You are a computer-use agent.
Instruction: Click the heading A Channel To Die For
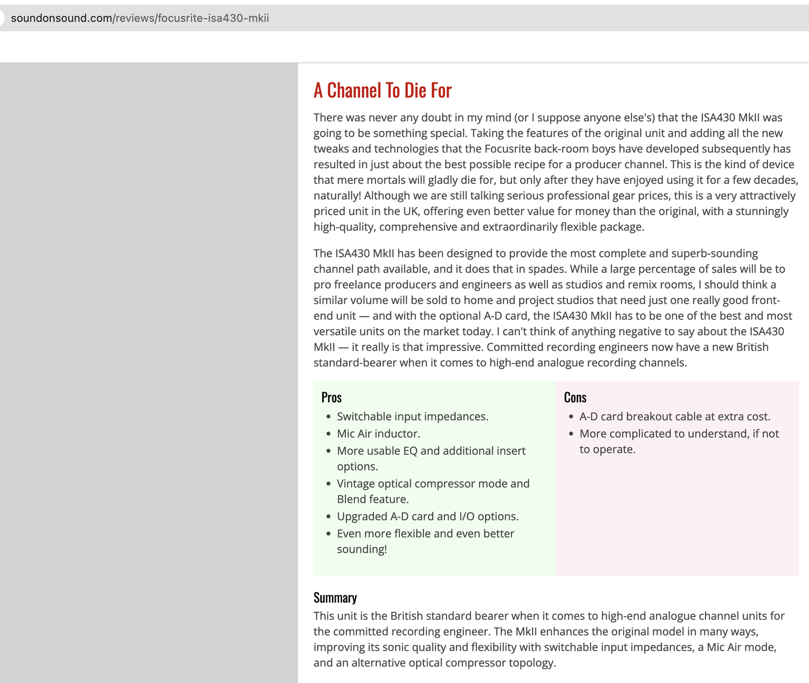382,90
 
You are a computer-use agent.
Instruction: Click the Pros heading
331,397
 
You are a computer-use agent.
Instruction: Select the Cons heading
575,397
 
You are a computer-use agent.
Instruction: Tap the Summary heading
335,598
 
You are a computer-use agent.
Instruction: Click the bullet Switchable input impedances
412,417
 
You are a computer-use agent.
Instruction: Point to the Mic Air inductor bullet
378,434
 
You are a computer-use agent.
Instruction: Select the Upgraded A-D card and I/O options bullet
427,516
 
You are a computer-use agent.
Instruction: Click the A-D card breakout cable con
675,417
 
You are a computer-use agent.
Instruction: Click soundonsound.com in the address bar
61,18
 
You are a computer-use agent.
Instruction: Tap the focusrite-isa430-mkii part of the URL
213,18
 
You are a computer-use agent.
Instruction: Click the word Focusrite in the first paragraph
507,149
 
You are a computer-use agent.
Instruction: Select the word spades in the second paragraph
546,269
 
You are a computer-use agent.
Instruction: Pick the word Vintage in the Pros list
356,484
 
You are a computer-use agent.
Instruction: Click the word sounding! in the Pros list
362,549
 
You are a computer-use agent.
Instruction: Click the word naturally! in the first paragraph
337,195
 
